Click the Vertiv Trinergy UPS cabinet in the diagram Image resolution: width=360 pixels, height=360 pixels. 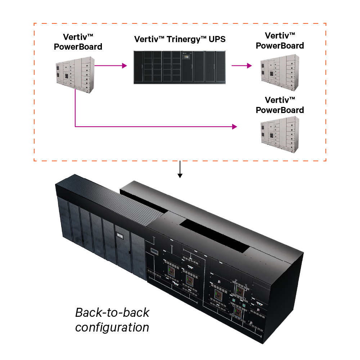180,67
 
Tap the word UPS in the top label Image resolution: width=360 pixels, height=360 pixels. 217,39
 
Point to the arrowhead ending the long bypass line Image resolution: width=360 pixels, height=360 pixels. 235,127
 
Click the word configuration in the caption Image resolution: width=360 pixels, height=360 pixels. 112,328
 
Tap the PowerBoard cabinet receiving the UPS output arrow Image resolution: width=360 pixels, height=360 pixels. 280,71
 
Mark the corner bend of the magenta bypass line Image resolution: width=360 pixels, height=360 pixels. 75,127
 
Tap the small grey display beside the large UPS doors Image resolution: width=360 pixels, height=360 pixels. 154,251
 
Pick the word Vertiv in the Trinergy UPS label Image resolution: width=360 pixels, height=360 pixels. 147,39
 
